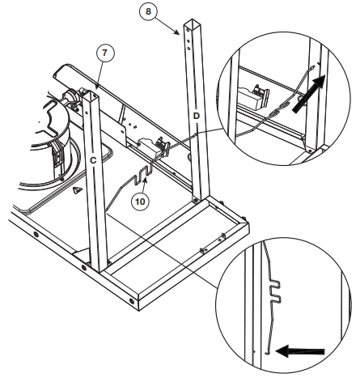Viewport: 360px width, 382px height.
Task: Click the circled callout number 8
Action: point(148,11)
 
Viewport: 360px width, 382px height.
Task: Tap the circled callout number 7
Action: point(105,53)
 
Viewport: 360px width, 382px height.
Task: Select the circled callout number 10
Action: point(140,202)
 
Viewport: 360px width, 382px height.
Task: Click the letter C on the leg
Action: point(93,160)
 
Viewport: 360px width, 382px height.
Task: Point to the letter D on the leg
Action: point(197,116)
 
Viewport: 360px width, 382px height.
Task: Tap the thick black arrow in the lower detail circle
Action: point(300,351)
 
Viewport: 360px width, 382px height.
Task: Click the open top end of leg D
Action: point(193,23)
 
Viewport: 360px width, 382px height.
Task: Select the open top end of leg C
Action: point(91,95)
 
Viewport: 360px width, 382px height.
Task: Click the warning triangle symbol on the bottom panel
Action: point(78,190)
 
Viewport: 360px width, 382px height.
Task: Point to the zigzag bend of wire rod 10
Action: point(143,176)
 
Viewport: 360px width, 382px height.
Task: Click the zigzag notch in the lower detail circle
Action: point(275,291)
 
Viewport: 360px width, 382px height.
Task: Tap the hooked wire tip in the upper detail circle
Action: point(312,67)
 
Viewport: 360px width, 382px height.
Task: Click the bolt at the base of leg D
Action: point(196,201)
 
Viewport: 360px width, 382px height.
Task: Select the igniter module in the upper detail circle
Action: point(253,96)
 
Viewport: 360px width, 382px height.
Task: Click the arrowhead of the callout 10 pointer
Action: point(146,180)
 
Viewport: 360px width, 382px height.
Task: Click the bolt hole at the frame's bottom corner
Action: point(132,300)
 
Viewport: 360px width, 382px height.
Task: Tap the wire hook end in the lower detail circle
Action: point(267,352)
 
